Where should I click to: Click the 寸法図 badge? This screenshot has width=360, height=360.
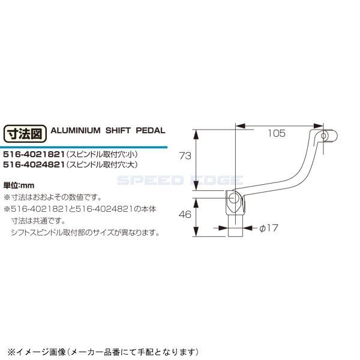click(25, 134)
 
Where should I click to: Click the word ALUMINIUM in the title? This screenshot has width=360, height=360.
click(76, 130)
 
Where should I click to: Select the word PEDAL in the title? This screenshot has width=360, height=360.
click(151, 130)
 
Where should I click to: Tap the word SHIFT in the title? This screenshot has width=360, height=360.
click(118, 130)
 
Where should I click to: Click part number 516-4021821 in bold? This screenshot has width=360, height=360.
click(34, 154)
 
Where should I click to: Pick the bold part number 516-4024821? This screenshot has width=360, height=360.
click(34, 164)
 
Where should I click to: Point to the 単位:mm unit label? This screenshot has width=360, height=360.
click(19, 185)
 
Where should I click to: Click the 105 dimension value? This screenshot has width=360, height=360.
click(277, 133)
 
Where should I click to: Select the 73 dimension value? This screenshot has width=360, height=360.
click(185, 156)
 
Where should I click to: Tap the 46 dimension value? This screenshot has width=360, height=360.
click(185, 214)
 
